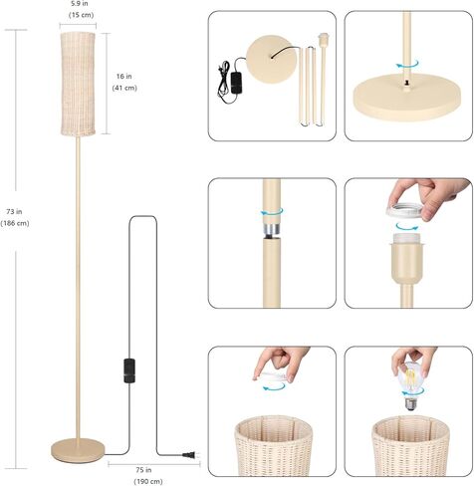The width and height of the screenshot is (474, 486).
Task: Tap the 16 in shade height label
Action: [124, 76]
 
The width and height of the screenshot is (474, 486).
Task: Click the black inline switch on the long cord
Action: [127, 368]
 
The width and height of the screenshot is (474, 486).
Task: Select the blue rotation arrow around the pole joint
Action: [272, 212]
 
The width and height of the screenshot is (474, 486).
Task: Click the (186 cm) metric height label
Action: [17, 223]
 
